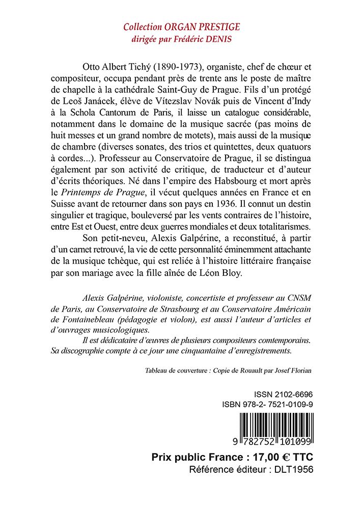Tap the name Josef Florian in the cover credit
coord(293,371)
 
